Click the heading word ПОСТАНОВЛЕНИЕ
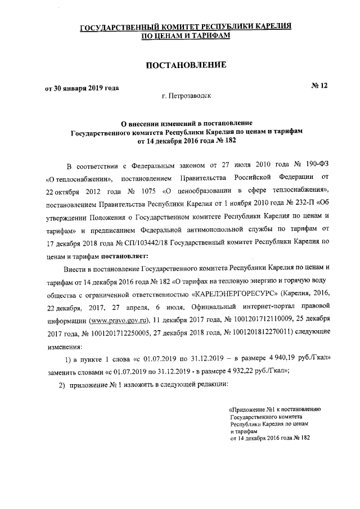pos(186,65)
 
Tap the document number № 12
pos(319,85)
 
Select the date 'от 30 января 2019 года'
pos(82,88)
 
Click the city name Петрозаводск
pos(186,97)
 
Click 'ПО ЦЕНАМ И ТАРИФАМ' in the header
pos(186,35)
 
